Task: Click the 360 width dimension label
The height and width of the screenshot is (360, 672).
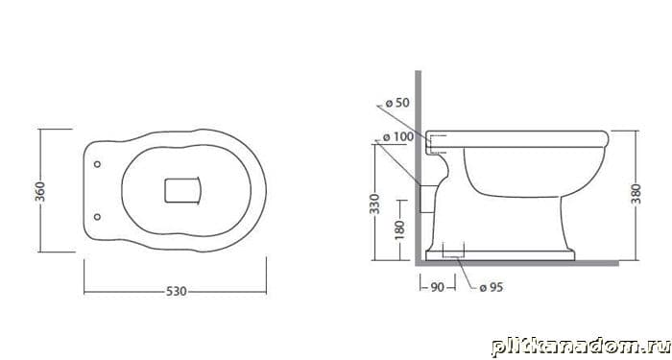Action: point(39,192)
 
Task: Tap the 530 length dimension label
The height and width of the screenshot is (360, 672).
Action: point(176,292)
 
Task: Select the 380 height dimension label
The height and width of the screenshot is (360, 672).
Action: point(636,194)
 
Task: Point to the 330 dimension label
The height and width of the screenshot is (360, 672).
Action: point(374,204)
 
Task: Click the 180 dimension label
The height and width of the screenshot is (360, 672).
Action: point(399,230)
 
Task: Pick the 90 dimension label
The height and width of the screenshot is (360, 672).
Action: point(437,287)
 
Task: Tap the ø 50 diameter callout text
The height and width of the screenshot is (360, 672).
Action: point(397,103)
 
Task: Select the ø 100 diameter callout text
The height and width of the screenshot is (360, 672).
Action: point(398,137)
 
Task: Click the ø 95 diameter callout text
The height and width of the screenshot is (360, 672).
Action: point(492,287)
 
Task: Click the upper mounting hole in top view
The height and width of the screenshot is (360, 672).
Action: point(97,164)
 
